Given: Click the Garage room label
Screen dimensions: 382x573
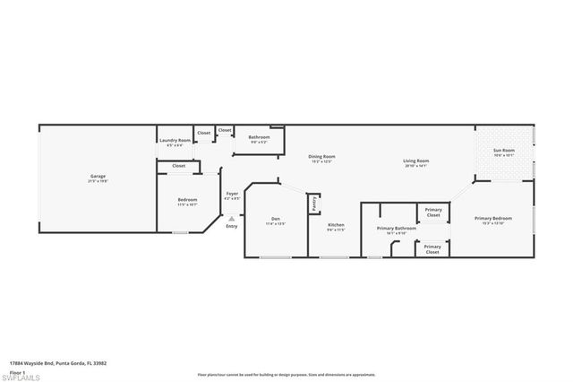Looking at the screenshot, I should click(x=98, y=177).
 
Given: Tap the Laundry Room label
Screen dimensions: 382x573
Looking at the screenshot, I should click(x=175, y=140).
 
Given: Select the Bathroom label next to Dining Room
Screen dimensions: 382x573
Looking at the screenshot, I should click(x=259, y=136).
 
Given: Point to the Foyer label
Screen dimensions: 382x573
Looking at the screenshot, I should click(x=232, y=194).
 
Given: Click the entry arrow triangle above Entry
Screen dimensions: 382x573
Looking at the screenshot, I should click(x=232, y=217).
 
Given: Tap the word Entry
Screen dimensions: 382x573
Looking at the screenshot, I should click(x=232, y=226).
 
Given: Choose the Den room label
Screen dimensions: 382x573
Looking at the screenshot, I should click(x=276, y=219).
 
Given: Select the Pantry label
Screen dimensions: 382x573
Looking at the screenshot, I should click(x=314, y=204).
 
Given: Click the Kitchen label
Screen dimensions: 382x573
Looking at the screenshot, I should click(x=336, y=224).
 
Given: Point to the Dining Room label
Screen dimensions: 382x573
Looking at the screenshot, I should click(x=321, y=157).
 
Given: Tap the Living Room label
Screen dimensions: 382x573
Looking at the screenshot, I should click(x=416, y=161).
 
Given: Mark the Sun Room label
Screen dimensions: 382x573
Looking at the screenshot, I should click(x=505, y=150).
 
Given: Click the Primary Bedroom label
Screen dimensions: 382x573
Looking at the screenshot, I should click(x=493, y=219).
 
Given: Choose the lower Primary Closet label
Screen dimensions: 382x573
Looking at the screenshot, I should click(x=432, y=249).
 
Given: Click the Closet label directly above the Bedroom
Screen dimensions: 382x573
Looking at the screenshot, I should click(x=179, y=166).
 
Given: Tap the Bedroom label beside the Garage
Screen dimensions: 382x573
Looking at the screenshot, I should click(x=187, y=200).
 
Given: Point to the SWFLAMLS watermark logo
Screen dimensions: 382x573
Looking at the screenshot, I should click(x=25, y=376).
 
